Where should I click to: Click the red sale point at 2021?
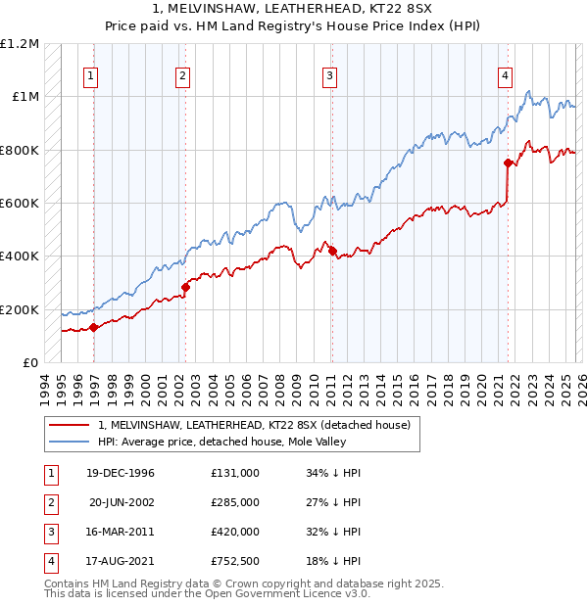(508, 163)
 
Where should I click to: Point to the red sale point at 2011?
(332, 251)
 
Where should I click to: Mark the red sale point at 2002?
(185, 287)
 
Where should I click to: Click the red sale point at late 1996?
(94, 328)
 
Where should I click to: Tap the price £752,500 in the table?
(235, 561)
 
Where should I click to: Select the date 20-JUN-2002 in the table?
(122, 502)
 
